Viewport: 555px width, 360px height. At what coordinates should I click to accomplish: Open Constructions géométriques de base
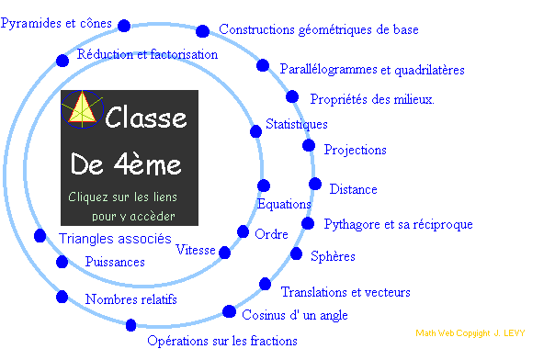pos(319,29)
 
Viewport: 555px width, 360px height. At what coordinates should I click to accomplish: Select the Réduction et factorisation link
pos(147,54)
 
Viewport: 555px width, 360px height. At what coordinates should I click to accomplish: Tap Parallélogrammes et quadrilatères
pos(372,70)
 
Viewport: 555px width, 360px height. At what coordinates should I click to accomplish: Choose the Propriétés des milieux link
pos(372,99)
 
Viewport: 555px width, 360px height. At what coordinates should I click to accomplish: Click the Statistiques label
pos(296,124)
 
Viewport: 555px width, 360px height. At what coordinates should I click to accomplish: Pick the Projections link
pos(355,150)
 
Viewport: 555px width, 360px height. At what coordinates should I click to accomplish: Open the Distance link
pos(353,189)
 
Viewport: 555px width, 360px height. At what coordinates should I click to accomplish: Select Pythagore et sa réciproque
pos(398,224)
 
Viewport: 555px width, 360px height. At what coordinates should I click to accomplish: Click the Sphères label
pos(333,256)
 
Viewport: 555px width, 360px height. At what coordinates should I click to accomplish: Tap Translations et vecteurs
pos(345,292)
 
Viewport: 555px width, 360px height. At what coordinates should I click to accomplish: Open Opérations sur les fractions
pos(222,341)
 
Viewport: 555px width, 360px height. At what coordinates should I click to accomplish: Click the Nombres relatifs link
pos(130,299)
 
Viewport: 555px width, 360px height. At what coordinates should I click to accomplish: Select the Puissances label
pos(114,262)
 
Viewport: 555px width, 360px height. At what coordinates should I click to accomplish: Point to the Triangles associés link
pos(115,239)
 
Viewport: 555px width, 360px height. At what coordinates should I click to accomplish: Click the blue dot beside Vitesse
pos(224,252)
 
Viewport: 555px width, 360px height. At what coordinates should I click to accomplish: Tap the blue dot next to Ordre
pos(244,232)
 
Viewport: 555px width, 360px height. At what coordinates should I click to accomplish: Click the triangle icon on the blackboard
pos(83,110)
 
